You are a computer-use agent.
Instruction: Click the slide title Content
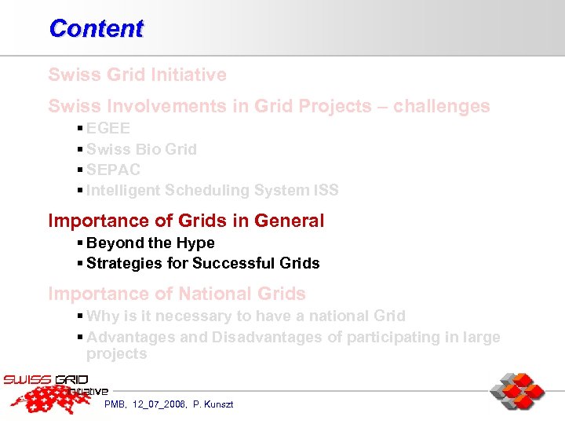click(96, 28)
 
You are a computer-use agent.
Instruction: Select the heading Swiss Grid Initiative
click(137, 75)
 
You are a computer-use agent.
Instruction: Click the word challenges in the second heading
click(442, 106)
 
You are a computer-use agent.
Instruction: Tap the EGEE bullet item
click(108, 129)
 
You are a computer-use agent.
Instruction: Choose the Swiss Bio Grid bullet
click(141, 149)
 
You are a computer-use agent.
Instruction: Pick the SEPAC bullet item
click(113, 170)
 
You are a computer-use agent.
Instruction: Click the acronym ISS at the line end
click(325, 190)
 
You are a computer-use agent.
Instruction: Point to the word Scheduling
click(206, 190)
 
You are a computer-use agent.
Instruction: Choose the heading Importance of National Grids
click(177, 294)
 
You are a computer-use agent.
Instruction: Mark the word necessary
click(188, 316)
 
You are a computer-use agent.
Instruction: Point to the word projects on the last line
click(116, 354)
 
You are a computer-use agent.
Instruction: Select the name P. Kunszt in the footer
click(213, 404)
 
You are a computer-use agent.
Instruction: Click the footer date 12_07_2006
click(161, 404)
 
